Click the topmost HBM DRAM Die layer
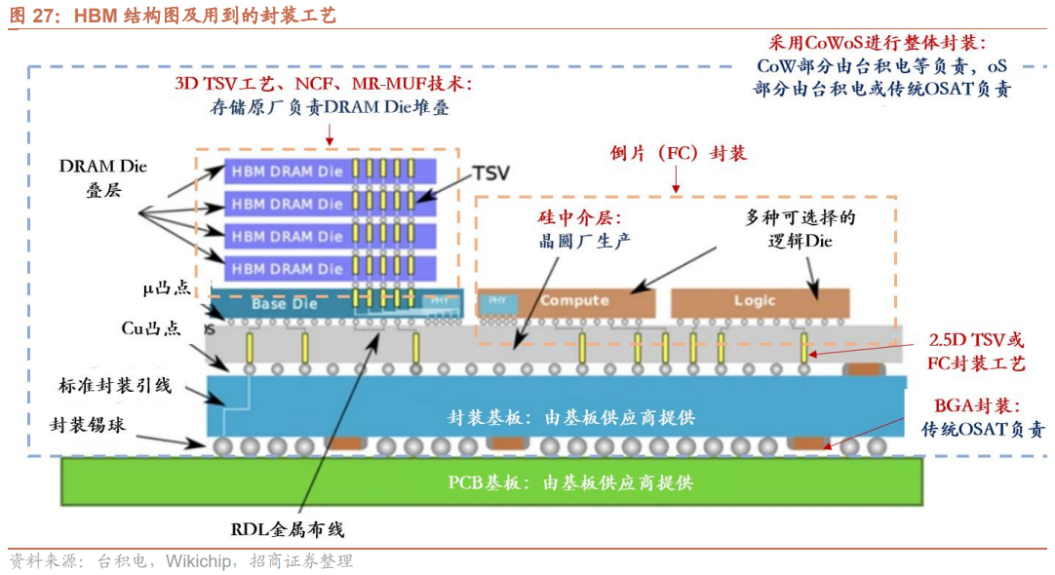pyautogui.click(x=288, y=172)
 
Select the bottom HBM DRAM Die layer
pyautogui.click(x=288, y=268)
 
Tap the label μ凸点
pyautogui.click(x=166, y=289)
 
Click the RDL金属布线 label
pyautogui.click(x=288, y=530)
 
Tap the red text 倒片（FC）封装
pyautogui.click(x=679, y=153)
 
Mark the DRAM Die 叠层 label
pyautogui.click(x=102, y=177)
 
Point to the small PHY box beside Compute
pyautogui.click(x=497, y=300)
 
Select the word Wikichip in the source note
pyautogui.click(x=198, y=560)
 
